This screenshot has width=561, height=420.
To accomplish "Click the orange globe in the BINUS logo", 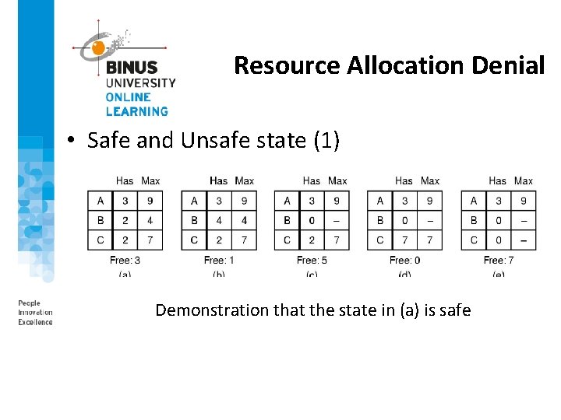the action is [x=98, y=48].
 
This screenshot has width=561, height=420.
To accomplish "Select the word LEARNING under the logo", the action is [x=137, y=111].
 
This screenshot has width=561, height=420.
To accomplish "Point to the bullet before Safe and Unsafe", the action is [x=70, y=141].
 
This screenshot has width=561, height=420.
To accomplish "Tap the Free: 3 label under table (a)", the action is [x=125, y=260].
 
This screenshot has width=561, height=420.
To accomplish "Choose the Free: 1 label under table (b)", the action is [x=218, y=260].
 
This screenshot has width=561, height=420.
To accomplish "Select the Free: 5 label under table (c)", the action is [x=312, y=260].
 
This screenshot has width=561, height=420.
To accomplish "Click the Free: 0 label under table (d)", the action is [x=404, y=260].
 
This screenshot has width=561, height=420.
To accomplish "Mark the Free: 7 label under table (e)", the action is [x=498, y=260].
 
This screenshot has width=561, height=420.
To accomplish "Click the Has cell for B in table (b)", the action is [x=219, y=220].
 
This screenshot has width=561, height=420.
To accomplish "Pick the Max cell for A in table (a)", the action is [x=150, y=201].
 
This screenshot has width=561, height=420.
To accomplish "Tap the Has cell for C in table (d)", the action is [x=404, y=240].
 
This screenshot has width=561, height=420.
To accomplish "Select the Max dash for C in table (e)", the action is [x=524, y=240].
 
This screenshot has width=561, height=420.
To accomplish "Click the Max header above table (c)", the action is [x=337, y=181].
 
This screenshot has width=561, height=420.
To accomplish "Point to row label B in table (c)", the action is [x=287, y=220].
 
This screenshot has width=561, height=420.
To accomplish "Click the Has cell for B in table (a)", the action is [x=125, y=220].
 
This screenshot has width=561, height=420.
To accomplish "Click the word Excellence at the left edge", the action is [x=35, y=322].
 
